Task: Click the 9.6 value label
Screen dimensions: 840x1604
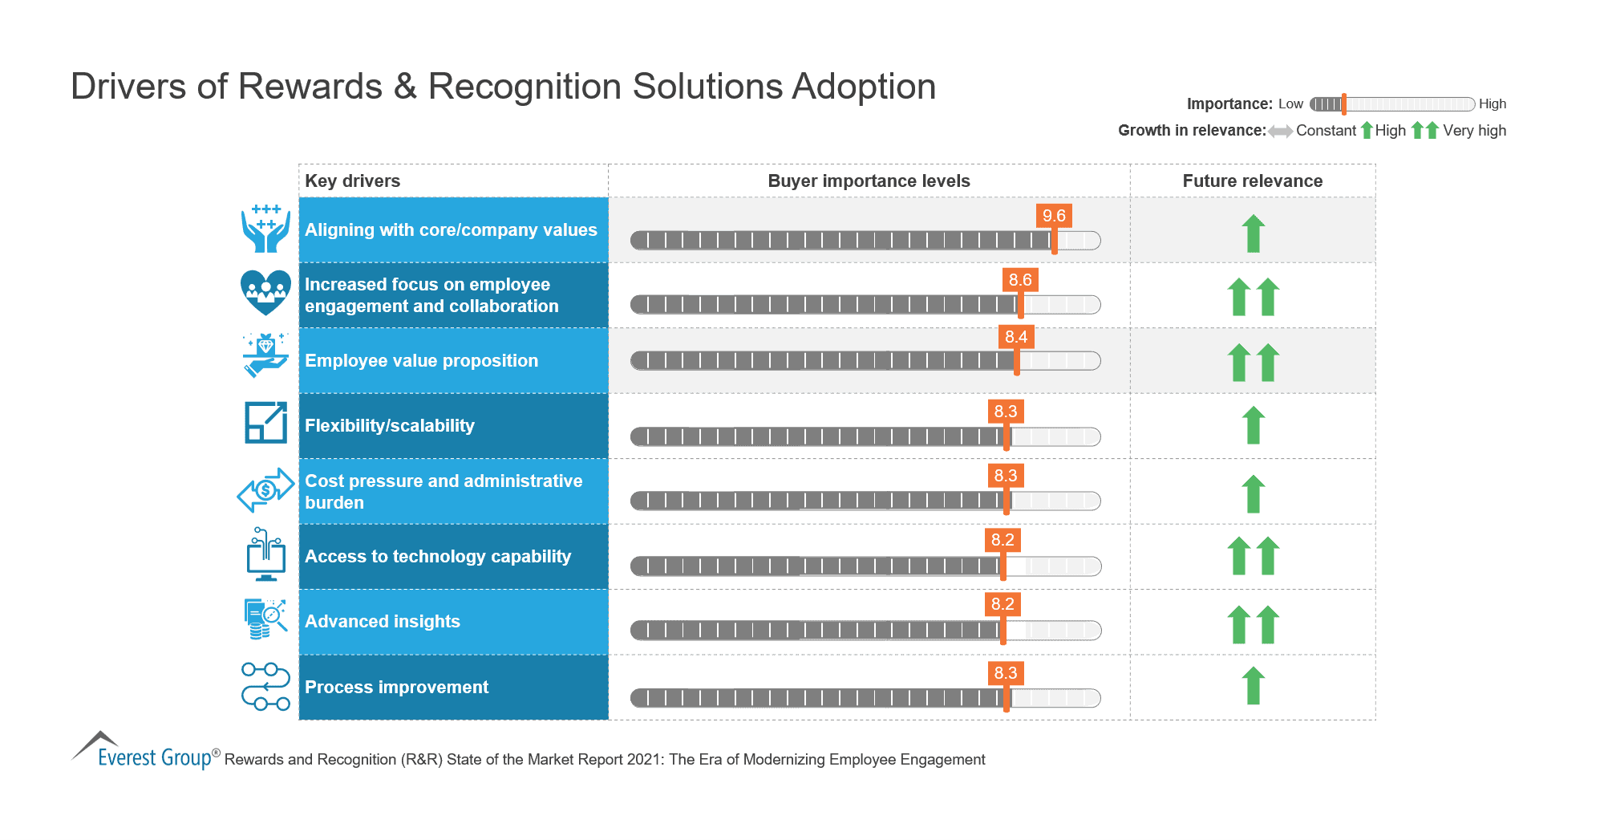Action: click(x=1054, y=216)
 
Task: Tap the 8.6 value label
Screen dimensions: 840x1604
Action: click(x=1020, y=280)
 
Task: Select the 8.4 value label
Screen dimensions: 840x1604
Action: click(x=1016, y=337)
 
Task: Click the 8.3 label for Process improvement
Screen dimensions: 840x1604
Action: click(x=1006, y=673)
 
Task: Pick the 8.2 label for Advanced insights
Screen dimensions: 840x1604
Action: click(x=1003, y=604)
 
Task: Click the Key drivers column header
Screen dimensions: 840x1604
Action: click(x=353, y=181)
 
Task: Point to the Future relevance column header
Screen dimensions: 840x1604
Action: click(x=1252, y=181)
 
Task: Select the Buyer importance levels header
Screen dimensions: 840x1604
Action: click(x=869, y=181)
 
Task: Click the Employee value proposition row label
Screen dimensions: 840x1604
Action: click(x=421, y=361)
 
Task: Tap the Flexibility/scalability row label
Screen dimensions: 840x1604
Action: click(x=390, y=426)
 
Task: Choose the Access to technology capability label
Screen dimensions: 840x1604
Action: click(x=438, y=557)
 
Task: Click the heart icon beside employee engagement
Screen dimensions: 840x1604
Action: click(x=265, y=292)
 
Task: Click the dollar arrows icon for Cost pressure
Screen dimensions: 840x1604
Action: click(x=265, y=489)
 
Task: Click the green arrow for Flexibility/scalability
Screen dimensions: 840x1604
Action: click(x=1254, y=425)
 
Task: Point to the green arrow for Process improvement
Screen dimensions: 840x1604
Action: click(x=1254, y=686)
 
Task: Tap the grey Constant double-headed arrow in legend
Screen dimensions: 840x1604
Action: click(x=1280, y=132)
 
